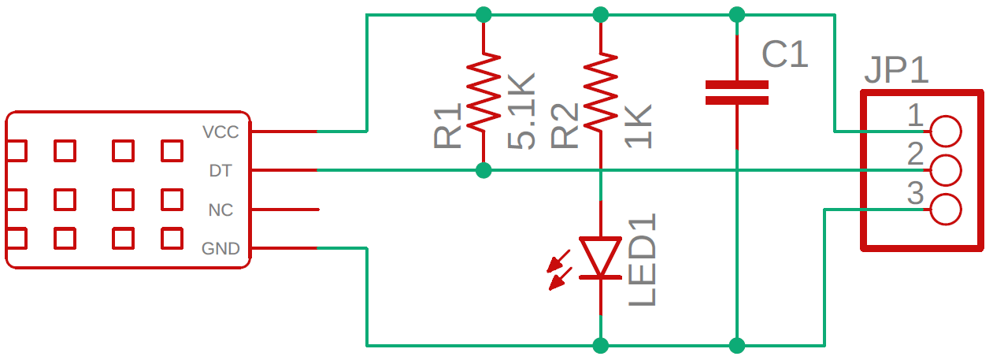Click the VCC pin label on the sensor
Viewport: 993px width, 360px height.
click(220, 132)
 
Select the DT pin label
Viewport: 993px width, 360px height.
click(220, 171)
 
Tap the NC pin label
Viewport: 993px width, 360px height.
click(220, 210)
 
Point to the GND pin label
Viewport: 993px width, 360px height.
click(220, 250)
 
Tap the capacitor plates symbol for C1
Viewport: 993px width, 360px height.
click(736, 92)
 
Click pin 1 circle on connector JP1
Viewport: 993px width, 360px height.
click(945, 131)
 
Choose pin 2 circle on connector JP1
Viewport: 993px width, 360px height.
click(945, 170)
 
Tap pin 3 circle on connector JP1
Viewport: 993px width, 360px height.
click(945, 210)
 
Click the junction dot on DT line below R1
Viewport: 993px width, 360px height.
click(484, 170)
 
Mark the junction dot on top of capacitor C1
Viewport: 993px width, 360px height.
click(736, 14)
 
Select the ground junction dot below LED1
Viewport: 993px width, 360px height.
click(600, 345)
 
